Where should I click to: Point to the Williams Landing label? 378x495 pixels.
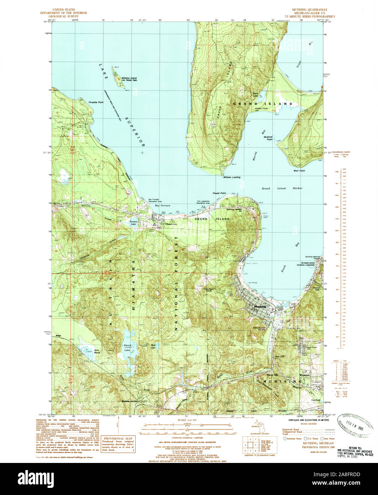pos(232,177)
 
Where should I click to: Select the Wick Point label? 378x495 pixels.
pos(299,171)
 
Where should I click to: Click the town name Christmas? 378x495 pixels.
pos(166,225)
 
